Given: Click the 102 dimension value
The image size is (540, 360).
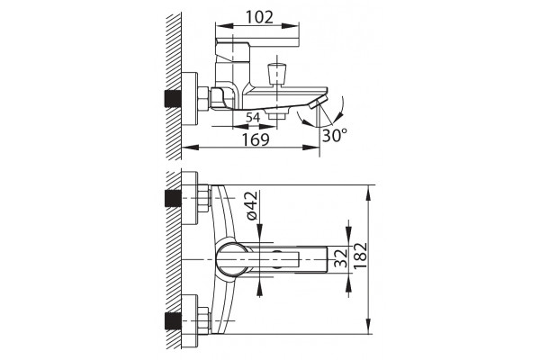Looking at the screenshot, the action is [260, 17].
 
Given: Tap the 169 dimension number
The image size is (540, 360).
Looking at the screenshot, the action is [256, 139].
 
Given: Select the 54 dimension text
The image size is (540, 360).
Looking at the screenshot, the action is [253, 118].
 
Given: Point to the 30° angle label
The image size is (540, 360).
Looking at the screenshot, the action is [335, 135].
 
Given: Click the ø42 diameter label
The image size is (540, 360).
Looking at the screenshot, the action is [252, 205].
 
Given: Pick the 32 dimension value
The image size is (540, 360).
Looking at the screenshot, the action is [340, 258].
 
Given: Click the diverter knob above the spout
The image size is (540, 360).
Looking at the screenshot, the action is [276, 74].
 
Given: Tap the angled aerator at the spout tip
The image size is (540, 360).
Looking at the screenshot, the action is [318, 103].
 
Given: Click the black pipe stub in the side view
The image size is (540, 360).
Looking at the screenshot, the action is [173, 98].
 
